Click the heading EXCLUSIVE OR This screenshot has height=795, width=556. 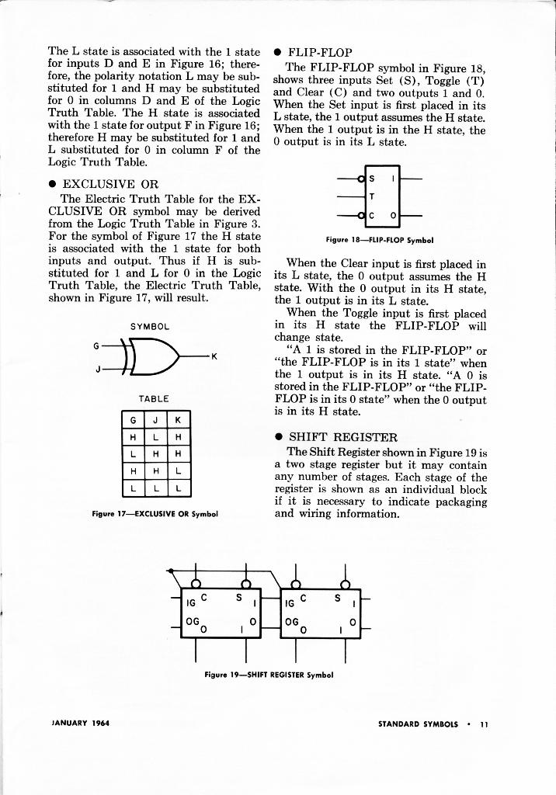(110, 184)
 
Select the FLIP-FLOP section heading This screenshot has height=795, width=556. (320, 53)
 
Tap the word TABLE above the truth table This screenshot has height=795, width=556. (155, 398)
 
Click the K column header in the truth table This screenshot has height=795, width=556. (178, 420)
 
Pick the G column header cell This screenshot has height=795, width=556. (134, 420)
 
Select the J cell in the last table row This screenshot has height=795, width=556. (156, 488)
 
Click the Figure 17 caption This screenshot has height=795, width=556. (155, 513)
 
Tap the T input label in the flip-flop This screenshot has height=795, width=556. (371, 196)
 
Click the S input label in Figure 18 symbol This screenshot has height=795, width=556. (371, 179)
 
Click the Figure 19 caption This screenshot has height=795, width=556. (269, 675)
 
